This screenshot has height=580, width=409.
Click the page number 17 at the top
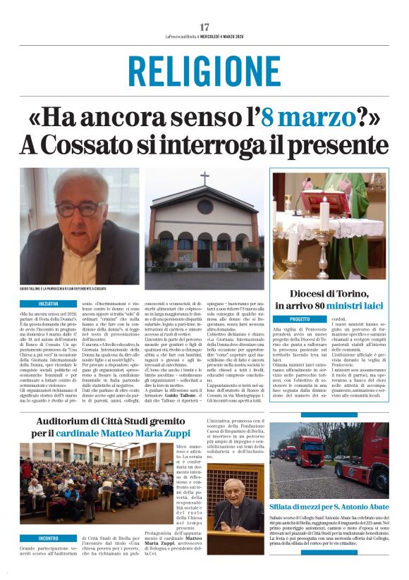click(204, 27)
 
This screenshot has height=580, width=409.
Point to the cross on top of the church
click(204, 178)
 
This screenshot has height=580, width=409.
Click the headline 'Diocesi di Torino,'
click(331, 294)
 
